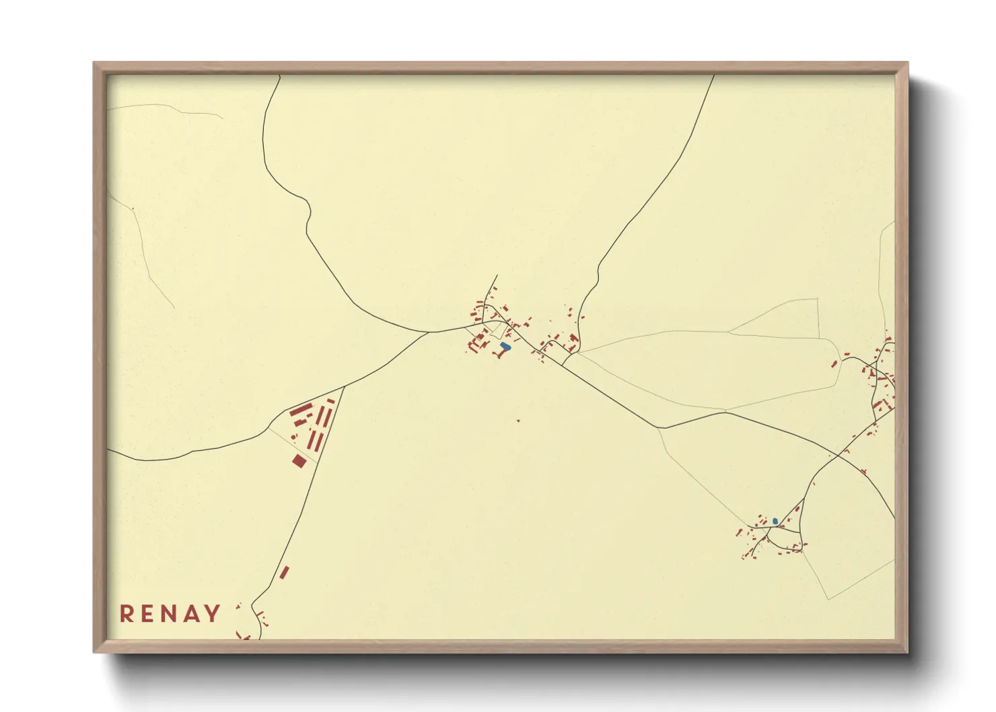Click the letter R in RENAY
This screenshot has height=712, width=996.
(x=126, y=614)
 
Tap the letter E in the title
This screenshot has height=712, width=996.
(x=148, y=614)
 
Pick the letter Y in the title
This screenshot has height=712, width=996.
(x=213, y=614)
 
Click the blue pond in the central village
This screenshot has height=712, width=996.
(x=505, y=347)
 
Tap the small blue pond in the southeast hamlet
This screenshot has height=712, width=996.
(x=775, y=521)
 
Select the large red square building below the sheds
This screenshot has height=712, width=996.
(x=299, y=461)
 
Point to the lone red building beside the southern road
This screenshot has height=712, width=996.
(x=284, y=573)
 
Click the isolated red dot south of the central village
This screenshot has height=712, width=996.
(x=518, y=421)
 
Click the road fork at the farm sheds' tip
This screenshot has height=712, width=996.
(x=344, y=387)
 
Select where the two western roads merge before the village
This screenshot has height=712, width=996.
(x=429, y=332)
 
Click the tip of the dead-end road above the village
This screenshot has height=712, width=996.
(x=497, y=275)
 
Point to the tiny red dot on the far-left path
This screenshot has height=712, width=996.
(x=133, y=209)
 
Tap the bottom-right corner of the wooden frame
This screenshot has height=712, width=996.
(x=907, y=651)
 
